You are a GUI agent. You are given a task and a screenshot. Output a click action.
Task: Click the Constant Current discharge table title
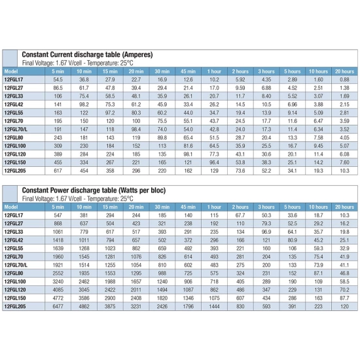87,54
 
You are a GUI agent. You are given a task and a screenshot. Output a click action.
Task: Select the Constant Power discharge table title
94,190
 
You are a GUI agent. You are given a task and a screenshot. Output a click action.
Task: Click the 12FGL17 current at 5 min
58,80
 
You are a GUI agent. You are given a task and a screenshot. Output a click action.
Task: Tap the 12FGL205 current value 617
58,171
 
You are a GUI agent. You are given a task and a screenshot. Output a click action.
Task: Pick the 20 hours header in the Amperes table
344,71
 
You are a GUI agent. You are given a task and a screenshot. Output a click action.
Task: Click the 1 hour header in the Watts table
214,207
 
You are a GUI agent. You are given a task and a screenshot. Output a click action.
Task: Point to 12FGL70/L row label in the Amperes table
16,129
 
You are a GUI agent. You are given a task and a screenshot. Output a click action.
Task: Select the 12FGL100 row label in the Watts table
15,281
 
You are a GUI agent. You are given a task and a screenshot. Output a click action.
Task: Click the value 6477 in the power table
58,306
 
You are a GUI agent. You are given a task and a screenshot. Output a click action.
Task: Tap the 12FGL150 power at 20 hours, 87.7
344,298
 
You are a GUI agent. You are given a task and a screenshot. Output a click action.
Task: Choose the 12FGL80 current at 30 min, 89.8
162,137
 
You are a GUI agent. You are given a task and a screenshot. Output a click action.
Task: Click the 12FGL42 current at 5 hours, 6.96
293,105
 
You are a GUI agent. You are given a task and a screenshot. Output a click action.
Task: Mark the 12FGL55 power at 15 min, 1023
110,249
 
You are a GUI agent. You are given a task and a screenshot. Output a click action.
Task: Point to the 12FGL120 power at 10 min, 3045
84,290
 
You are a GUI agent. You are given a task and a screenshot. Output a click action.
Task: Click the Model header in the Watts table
11,207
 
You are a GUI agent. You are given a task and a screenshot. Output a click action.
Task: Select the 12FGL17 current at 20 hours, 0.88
344,80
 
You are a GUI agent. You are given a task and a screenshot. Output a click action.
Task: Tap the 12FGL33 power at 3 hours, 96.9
266,232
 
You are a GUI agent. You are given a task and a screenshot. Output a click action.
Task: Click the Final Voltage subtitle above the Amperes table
78,63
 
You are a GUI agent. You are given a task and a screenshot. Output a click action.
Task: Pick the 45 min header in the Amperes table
188,71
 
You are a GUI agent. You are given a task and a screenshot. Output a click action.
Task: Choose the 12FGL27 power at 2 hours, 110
240,223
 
